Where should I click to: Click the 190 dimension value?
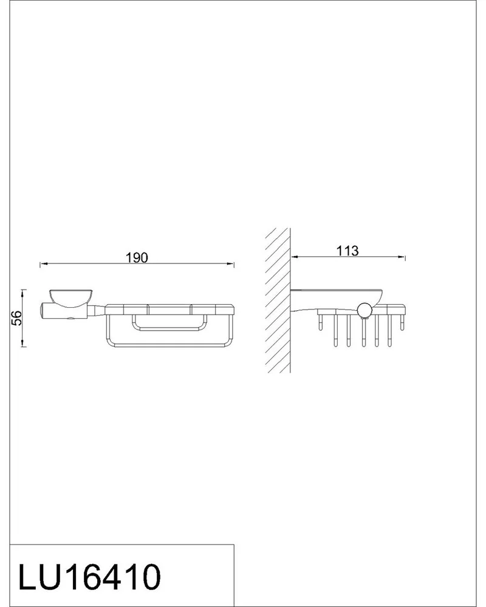tap(137, 257)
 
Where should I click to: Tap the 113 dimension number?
tap(347, 251)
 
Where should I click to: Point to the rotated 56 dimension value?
tap(16, 318)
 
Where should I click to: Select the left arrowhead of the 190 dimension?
tap(44, 264)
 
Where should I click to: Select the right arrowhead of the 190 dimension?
tap(230, 264)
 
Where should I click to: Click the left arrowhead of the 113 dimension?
tap(294, 257)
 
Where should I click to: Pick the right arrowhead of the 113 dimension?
tap(401, 257)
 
